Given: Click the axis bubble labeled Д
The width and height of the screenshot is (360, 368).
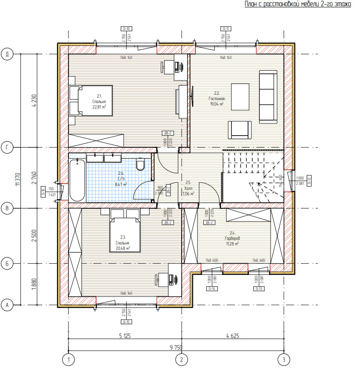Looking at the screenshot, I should (7, 54).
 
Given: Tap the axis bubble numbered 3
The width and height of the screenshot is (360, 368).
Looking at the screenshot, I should (284, 359).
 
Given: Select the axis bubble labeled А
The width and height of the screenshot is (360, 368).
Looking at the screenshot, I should (7, 305).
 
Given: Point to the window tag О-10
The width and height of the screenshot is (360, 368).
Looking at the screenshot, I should (126, 29).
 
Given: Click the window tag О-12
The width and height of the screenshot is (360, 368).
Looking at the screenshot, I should (309, 180).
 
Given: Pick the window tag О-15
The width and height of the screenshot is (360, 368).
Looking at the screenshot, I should (126, 322).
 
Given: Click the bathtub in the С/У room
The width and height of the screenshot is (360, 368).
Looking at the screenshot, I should (77, 180).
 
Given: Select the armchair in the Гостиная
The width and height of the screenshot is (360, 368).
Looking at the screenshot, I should (240, 129).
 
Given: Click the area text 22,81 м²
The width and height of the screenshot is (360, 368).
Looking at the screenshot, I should (99, 106).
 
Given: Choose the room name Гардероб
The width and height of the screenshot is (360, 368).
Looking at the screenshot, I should (232, 238).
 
